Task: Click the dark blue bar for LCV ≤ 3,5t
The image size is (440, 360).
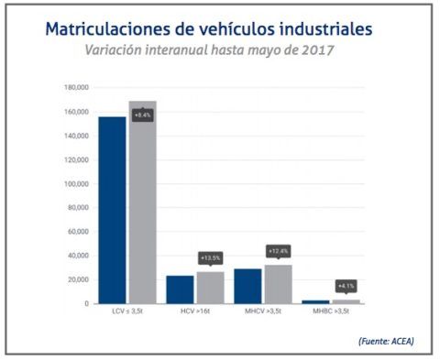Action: click(112, 210)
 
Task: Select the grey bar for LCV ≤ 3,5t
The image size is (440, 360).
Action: click(142, 206)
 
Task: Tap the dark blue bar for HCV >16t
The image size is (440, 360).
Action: click(180, 289)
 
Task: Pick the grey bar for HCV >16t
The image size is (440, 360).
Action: click(210, 288)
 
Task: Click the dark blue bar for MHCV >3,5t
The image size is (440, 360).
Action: click(247, 286)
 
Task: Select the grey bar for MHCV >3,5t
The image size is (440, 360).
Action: click(278, 284)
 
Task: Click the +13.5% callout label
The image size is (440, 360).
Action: click(211, 258)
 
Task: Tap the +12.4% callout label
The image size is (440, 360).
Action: click(278, 251)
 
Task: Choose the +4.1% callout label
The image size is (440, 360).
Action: click(346, 285)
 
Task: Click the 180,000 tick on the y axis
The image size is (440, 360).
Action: click(75, 88)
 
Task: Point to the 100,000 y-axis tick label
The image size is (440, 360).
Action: click(75, 184)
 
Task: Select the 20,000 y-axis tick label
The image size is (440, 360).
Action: click(77, 279)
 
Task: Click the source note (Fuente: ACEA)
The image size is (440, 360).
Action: click(385, 342)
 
